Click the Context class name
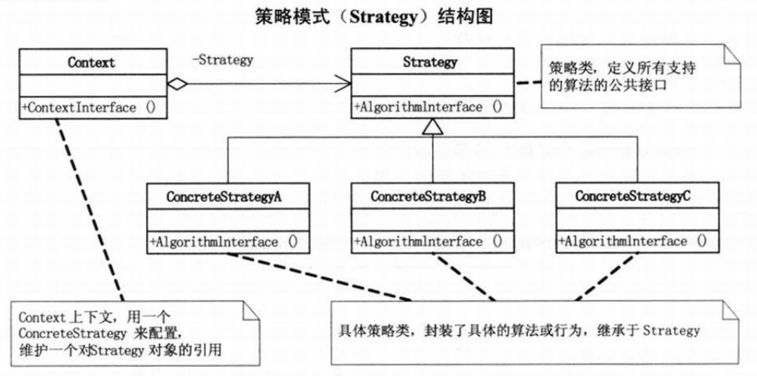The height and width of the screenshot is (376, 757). click(x=90, y=62)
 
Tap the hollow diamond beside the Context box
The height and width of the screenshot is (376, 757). click(x=176, y=84)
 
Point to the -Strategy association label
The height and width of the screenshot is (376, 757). click(x=222, y=60)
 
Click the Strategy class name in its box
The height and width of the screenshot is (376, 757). click(x=429, y=62)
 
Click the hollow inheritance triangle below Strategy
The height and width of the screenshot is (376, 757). click(x=432, y=128)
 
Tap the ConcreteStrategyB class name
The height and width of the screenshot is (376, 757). click(x=429, y=196)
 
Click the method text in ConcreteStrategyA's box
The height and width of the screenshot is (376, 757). click(x=225, y=242)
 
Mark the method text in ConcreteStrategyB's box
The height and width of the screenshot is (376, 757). click(x=429, y=242)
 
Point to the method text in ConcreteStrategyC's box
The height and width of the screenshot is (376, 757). click(x=633, y=242)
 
